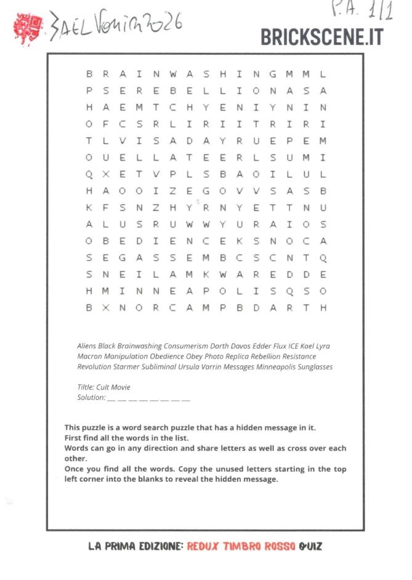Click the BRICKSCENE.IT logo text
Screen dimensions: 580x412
click(321, 37)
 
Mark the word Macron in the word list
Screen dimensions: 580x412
click(90, 356)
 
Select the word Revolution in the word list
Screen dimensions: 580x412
click(94, 367)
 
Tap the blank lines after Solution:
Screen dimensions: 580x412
click(149, 399)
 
